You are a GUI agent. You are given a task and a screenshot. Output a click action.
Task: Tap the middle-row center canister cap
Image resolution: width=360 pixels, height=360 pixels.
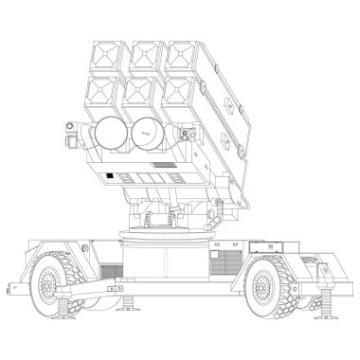click(141, 92)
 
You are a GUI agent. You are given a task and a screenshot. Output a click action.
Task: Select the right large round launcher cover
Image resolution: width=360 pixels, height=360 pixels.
click(146, 133)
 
